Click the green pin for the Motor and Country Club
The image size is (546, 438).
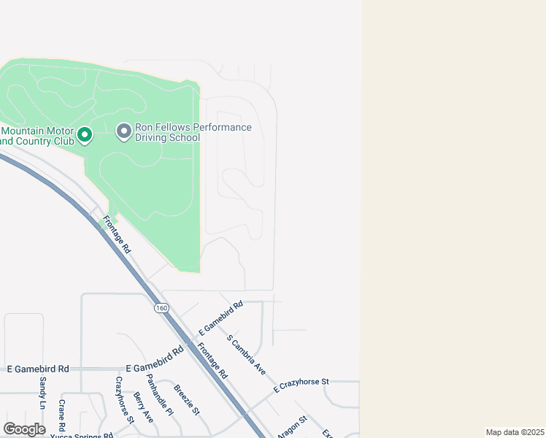pyautogui.click(x=85, y=135)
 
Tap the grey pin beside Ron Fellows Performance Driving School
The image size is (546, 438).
pyautogui.click(x=124, y=131)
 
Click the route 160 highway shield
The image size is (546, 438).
pyautogui.click(x=161, y=308)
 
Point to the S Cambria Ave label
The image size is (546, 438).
pyautogui.click(x=246, y=355)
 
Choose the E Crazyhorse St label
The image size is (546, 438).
pyautogui.click(x=301, y=385)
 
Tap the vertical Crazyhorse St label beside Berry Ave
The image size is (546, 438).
pyautogui.click(x=125, y=399)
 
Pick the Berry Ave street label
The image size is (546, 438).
pyautogui.click(x=143, y=407)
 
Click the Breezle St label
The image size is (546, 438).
pyautogui.click(x=191, y=399)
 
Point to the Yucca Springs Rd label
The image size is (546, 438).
pyautogui.click(x=81, y=435)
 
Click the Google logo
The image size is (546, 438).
pyautogui.click(x=24, y=429)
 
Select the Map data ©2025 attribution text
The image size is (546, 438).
pyautogui.click(x=515, y=432)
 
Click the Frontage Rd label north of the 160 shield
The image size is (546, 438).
pyautogui.click(x=117, y=234)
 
